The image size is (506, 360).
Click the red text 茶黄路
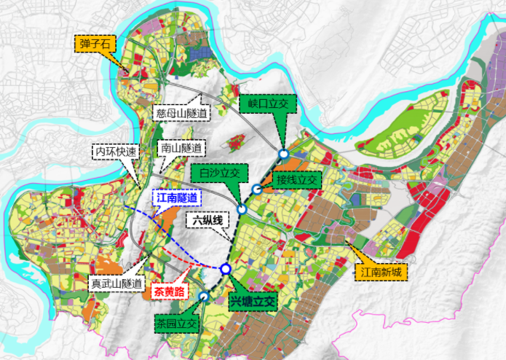tap(170, 291)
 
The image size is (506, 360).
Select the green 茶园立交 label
tap(175, 322)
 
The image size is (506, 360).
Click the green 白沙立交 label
tap(219, 174)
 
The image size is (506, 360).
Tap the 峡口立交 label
tap(266, 105)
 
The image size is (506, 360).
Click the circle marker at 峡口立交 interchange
tap(283, 154)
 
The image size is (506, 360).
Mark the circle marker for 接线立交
tap(257, 189)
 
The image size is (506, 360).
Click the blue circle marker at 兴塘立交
tap(226, 269)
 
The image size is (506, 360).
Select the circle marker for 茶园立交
tap(204, 297)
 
